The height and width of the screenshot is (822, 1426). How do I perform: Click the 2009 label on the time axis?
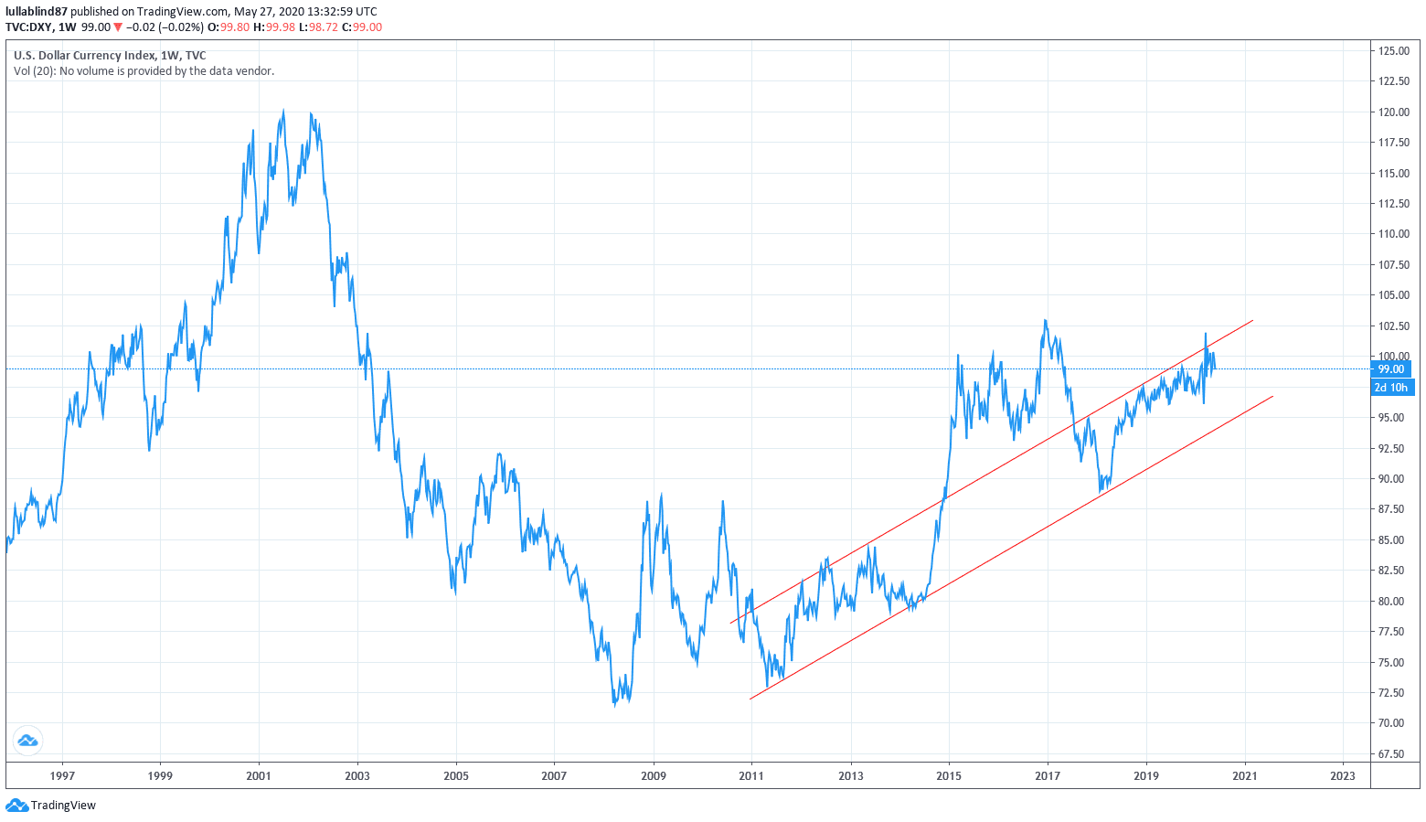pos(654,776)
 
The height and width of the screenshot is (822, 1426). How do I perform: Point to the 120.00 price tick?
pos(1394,112)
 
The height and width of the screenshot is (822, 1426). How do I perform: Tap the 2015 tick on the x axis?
pos(949,776)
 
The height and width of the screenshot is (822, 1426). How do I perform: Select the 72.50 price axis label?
pos(1394,693)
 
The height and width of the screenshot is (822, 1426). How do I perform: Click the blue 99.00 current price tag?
pos(1391,369)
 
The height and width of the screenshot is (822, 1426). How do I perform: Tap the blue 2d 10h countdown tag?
pos(1391,388)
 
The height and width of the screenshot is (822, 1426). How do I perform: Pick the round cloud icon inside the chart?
pos(27,741)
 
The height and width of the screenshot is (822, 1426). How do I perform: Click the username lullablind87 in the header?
pos(37,12)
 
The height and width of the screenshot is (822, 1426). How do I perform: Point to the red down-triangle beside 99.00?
pos(118,27)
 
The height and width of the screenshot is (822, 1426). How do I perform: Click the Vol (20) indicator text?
pos(34,71)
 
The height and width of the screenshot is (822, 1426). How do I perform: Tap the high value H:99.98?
pos(274,27)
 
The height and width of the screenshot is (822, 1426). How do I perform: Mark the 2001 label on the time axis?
pos(259,776)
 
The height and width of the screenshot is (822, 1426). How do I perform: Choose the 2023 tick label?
pos(1343,776)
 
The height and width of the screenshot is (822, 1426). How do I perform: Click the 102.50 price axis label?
pos(1394,326)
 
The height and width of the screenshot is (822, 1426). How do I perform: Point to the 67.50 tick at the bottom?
pos(1394,754)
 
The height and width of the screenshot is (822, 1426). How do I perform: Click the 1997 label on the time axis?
pos(62,776)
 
